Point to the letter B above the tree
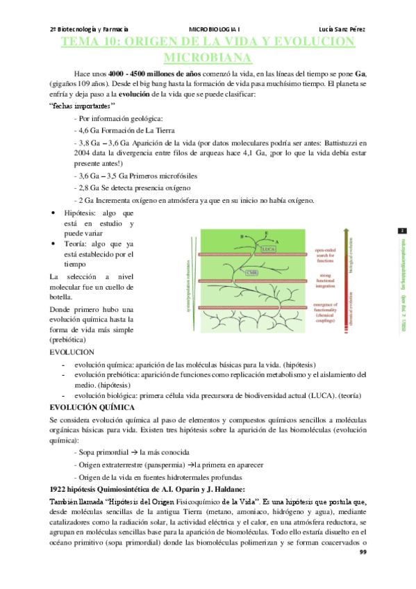242,236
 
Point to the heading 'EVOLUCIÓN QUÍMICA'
92,407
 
